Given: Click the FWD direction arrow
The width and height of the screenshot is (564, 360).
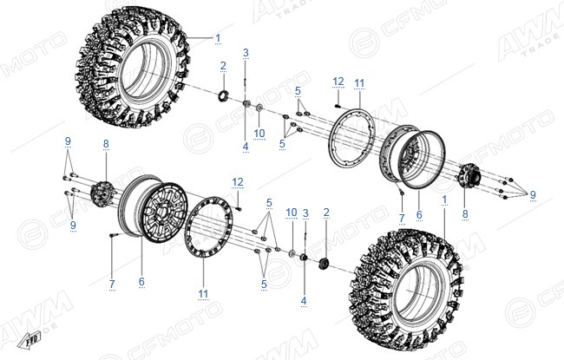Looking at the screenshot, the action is (30, 339).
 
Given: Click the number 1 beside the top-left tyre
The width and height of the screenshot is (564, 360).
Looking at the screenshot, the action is (218, 38).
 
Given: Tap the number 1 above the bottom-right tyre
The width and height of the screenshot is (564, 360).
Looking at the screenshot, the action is (444, 200).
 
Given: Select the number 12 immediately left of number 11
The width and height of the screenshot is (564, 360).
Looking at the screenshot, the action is (338, 82).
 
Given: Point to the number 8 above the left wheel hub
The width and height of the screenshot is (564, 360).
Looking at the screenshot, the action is (106, 144).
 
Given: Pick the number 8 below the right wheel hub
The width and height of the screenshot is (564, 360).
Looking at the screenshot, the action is (465, 214).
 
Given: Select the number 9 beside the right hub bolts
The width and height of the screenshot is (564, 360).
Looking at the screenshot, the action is (533, 194).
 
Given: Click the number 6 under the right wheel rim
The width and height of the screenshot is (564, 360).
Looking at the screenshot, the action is (419, 215).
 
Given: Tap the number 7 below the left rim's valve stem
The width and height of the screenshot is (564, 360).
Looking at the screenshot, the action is (112, 284).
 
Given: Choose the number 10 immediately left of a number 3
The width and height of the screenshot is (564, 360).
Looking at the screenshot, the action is (292, 213).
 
